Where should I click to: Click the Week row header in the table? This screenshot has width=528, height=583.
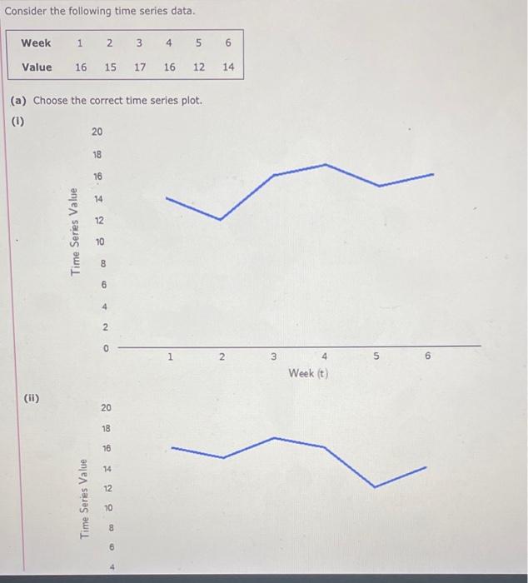click(x=36, y=42)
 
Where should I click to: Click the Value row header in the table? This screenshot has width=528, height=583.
click(x=36, y=67)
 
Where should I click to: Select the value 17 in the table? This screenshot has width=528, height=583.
click(x=140, y=67)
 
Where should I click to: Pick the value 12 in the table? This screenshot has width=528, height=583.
click(x=197, y=67)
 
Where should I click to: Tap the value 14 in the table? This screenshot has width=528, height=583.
click(x=227, y=67)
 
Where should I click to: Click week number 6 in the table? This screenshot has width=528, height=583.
click(x=227, y=42)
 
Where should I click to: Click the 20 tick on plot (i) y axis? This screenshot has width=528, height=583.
click(x=97, y=132)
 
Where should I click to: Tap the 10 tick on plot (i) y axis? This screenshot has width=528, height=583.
click(x=100, y=242)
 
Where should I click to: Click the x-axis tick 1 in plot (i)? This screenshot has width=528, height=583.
click(x=169, y=357)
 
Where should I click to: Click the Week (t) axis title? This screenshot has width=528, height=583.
click(x=308, y=373)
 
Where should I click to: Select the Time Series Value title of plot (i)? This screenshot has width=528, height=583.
click(x=76, y=231)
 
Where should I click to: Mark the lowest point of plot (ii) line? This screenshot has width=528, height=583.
click(x=373, y=486)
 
